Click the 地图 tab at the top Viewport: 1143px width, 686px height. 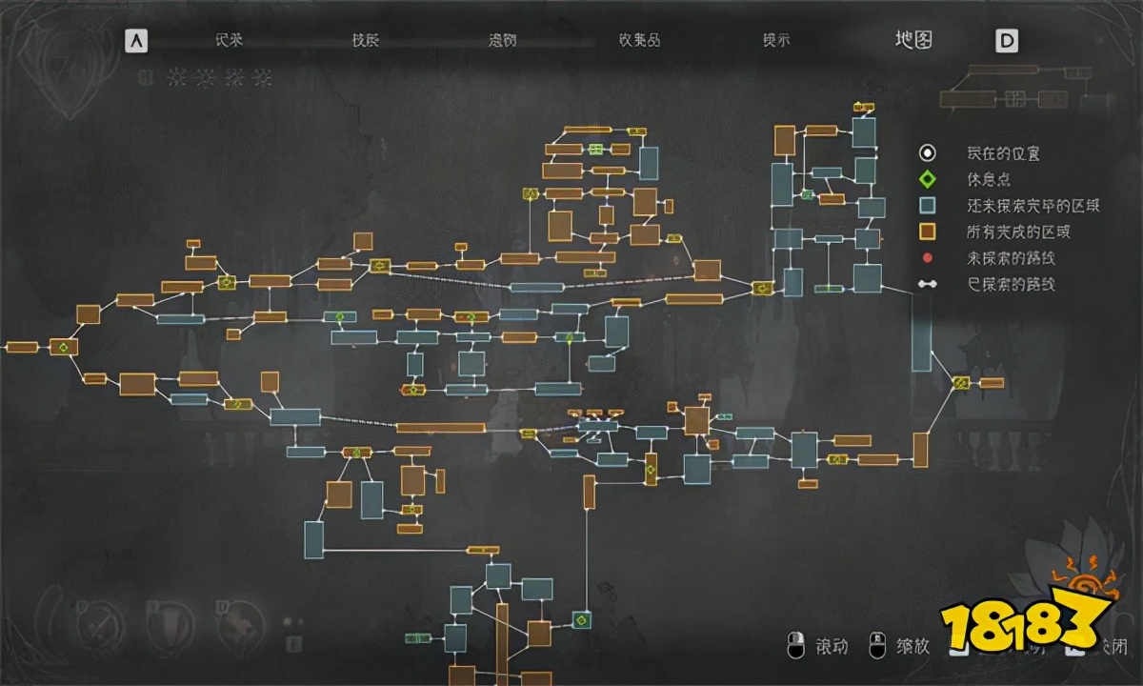(912, 40)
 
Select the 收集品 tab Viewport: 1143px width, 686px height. (639, 40)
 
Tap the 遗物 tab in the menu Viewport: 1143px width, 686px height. (502, 40)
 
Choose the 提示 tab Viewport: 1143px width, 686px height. (776, 40)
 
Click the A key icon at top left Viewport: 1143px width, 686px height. (138, 41)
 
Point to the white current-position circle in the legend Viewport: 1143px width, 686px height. (927, 153)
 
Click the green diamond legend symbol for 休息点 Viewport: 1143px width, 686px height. (927, 179)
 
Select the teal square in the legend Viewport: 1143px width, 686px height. (927, 205)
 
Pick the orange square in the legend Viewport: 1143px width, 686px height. (927, 232)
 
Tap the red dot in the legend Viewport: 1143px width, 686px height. (927, 258)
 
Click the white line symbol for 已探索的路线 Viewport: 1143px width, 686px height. (927, 284)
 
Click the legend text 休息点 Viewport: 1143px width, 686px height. (988, 179)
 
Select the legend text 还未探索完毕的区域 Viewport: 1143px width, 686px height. (1033, 205)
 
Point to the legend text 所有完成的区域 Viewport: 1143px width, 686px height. (1019, 232)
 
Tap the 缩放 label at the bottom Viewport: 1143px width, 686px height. (912, 647)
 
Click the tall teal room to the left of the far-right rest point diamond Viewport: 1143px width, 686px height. (921, 333)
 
